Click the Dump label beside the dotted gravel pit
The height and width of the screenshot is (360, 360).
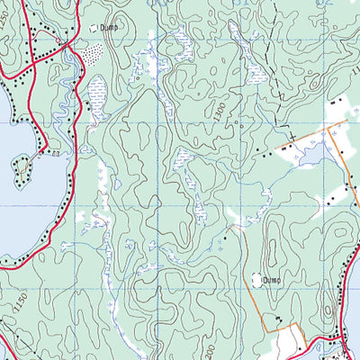[x=110, y=28]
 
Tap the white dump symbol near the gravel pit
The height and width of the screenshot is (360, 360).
[x=93, y=28]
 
